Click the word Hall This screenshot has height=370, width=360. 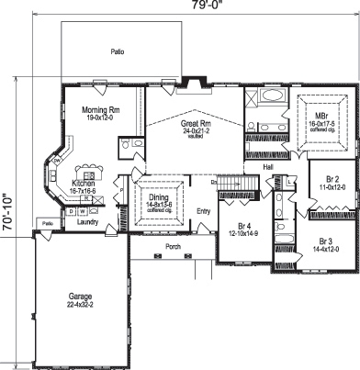[268, 167]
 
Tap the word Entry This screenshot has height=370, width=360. [204, 211]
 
